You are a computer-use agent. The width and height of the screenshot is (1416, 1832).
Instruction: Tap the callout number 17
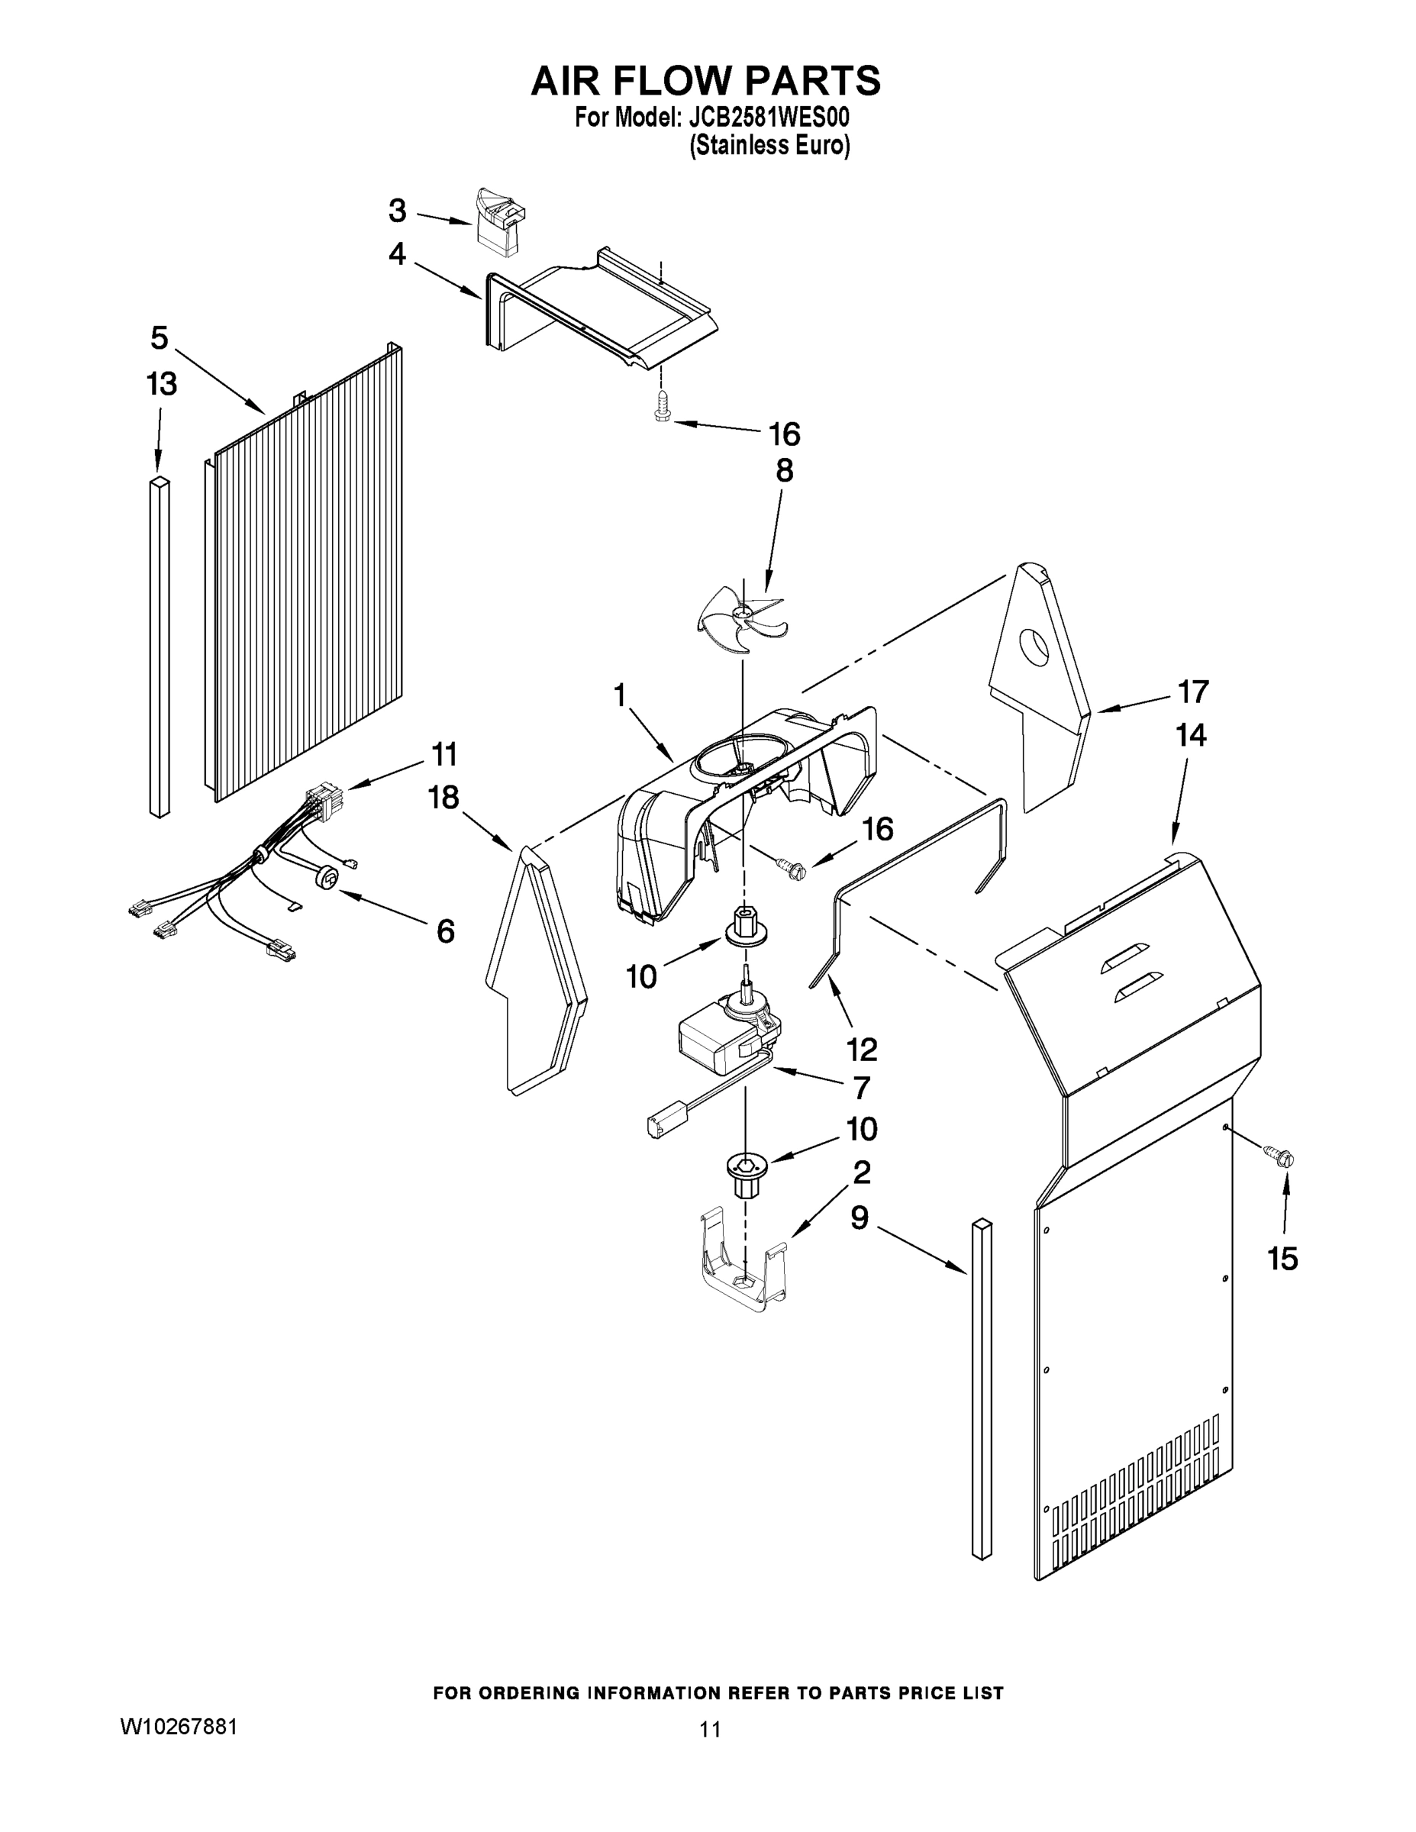click(1193, 692)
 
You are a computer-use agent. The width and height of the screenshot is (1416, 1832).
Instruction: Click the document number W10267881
click(179, 1727)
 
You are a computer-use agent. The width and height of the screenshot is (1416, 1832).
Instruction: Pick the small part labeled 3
click(499, 220)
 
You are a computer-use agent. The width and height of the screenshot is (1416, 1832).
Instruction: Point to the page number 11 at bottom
click(710, 1730)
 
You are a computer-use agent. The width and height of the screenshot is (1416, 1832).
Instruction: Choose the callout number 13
click(161, 384)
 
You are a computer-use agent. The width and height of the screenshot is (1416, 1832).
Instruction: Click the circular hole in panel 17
click(1034, 647)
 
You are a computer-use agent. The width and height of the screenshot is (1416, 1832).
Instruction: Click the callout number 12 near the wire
click(862, 1049)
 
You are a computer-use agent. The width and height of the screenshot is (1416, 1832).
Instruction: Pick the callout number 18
click(444, 797)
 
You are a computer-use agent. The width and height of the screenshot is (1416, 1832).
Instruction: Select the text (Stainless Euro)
click(769, 146)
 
